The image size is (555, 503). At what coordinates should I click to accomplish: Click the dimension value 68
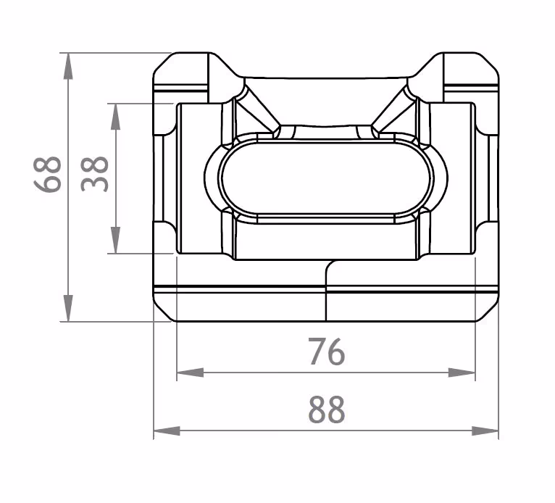(x=48, y=175)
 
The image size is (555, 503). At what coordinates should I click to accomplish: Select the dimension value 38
(x=95, y=173)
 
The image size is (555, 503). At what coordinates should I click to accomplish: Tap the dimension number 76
(x=326, y=352)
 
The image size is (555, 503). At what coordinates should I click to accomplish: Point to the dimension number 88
(x=326, y=410)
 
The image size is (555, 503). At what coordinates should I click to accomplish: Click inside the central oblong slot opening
(x=326, y=178)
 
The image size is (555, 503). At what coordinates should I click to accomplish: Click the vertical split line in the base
(x=326, y=294)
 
